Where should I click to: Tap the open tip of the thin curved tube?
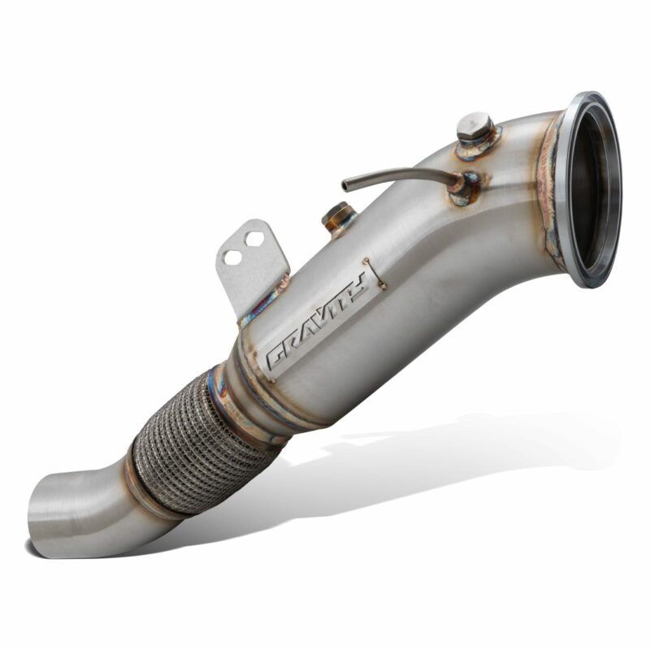click(344, 185)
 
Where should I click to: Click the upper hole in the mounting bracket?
click(253, 238)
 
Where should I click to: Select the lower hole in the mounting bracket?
click(232, 258)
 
